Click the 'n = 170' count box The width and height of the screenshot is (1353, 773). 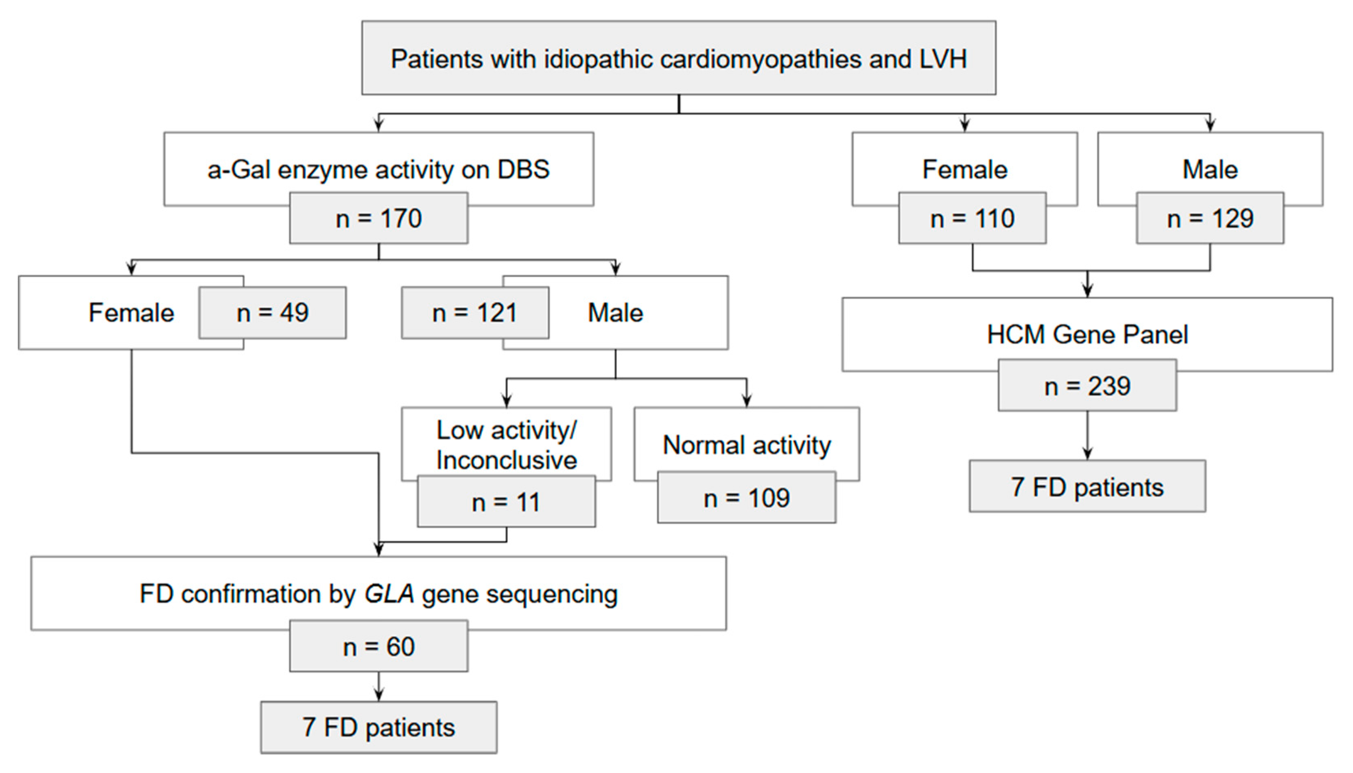pos(378,218)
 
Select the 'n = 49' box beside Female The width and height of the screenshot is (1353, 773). pos(272,313)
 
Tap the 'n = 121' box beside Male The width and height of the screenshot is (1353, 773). pos(475,313)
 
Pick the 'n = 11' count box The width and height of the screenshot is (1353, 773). pos(506,502)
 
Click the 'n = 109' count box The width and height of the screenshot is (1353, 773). pos(747,498)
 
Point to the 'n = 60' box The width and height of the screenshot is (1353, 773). pos(378,646)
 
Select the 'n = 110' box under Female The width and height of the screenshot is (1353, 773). pos(972,218)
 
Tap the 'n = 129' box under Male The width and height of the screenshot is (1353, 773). pos(1210,218)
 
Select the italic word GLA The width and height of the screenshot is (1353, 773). pos(389,594)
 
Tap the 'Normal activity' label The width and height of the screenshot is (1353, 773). pos(747,445)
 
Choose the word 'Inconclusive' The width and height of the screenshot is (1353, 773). pos(506,460)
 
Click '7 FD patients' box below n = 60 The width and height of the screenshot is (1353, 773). pos(378,727)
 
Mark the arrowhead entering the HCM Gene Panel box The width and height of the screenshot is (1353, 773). pos(1088,291)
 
